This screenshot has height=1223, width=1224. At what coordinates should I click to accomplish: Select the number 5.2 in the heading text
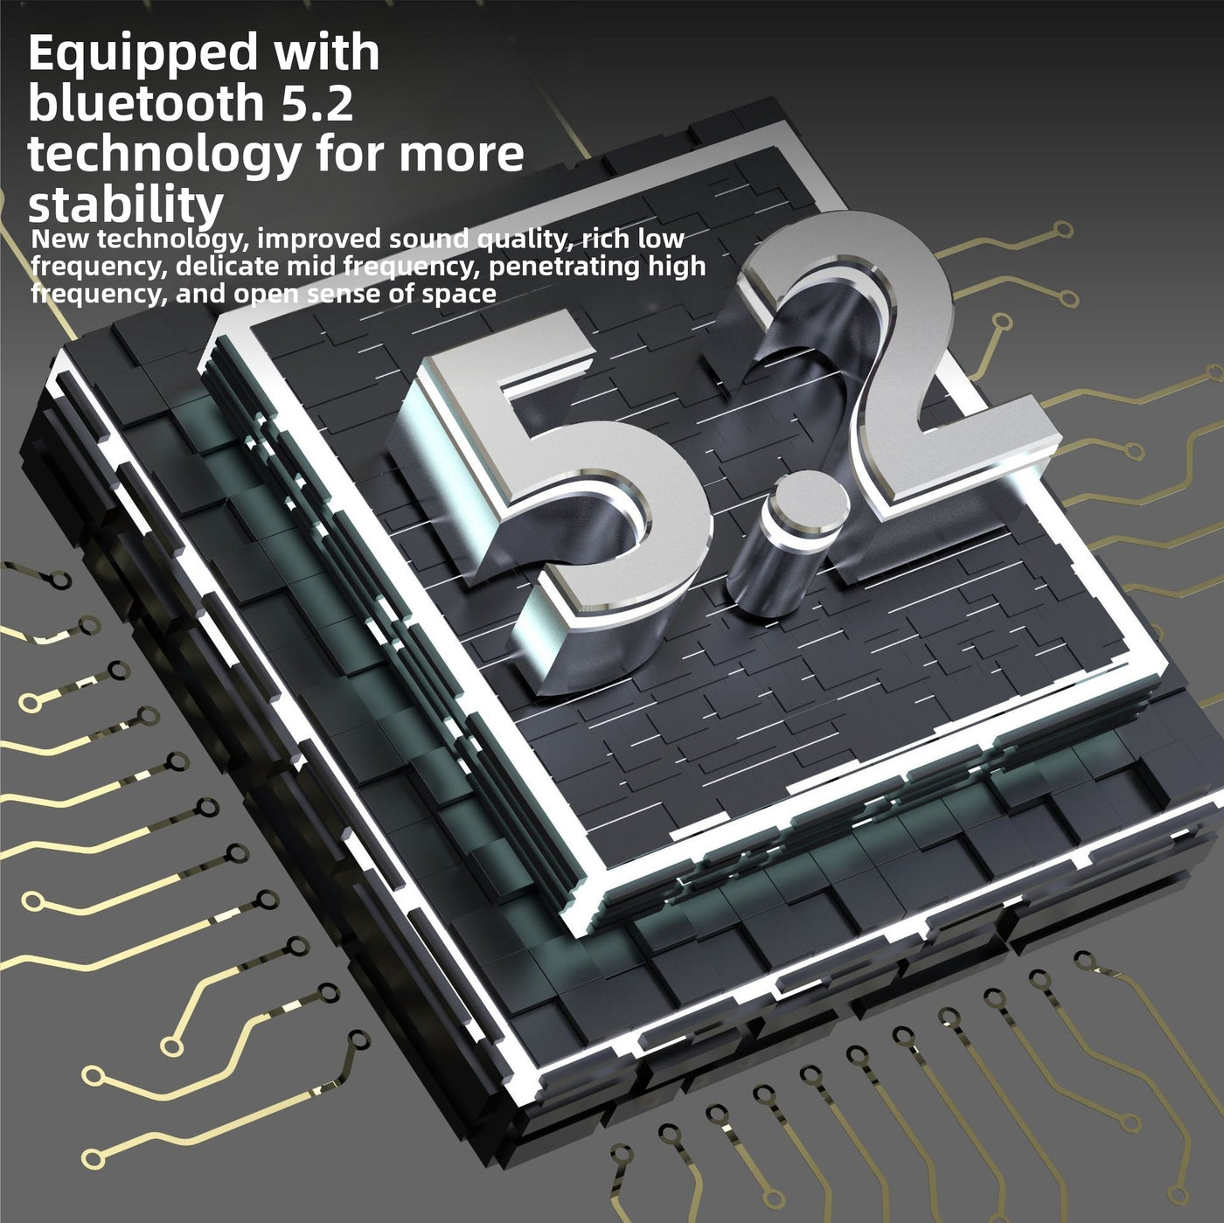click(x=316, y=103)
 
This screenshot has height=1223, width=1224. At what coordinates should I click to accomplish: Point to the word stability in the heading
click(x=125, y=205)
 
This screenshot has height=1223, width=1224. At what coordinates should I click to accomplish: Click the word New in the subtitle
click(x=57, y=239)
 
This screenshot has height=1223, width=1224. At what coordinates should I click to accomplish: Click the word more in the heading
click(x=461, y=155)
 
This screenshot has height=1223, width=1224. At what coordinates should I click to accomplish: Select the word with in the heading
click(x=326, y=53)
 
